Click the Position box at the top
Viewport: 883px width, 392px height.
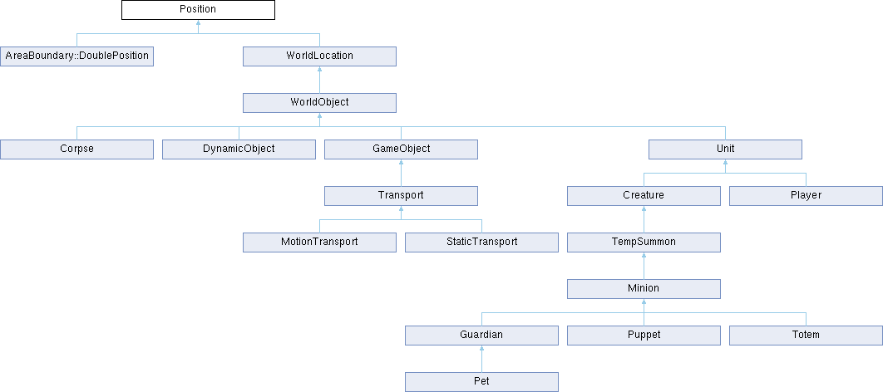point(198,10)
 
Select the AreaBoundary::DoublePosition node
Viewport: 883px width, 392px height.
point(76,56)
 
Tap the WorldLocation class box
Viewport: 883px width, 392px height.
point(320,56)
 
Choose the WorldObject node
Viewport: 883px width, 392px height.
point(320,103)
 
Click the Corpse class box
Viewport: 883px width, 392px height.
point(76,149)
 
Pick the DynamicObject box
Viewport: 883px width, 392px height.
point(239,149)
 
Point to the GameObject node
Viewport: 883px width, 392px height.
point(401,149)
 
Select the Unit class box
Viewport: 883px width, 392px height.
point(725,149)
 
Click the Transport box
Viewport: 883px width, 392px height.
point(401,196)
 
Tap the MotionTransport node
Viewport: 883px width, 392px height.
point(320,243)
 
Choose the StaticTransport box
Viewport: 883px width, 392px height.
point(482,243)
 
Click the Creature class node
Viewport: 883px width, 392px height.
point(644,196)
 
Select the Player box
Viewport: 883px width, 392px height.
point(807,196)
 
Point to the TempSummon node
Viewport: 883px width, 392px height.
point(644,243)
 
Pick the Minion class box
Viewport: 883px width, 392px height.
point(644,289)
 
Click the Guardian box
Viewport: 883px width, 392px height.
point(482,336)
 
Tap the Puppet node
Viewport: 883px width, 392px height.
point(644,336)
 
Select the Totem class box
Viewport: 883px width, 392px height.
point(807,336)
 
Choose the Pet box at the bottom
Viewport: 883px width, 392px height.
point(482,382)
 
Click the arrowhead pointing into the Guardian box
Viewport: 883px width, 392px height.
point(482,348)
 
